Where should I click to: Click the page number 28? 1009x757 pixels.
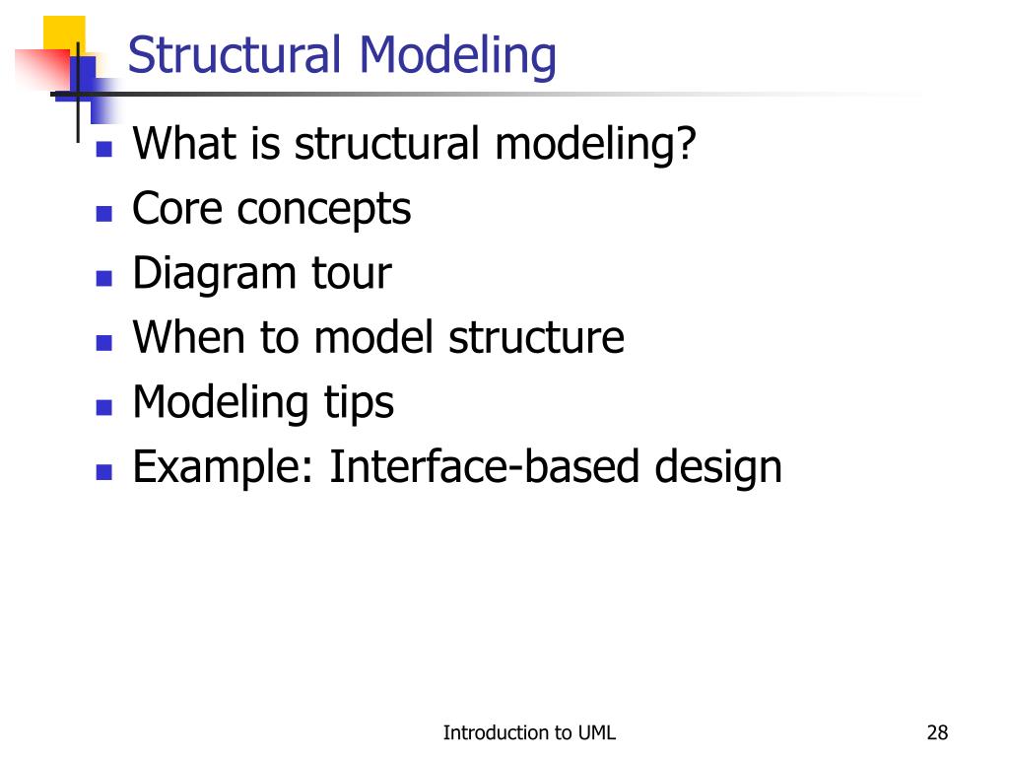937,732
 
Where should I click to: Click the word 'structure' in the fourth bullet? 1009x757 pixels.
536,337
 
